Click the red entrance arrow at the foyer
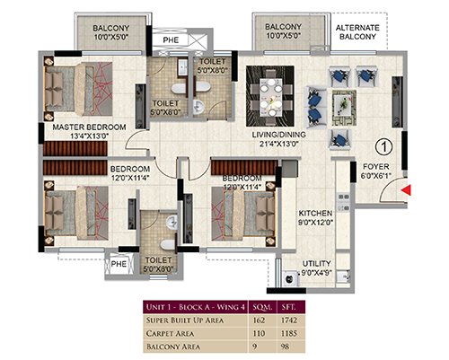pos(406,190)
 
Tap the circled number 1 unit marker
pos(383,147)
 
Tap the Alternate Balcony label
pos(357,32)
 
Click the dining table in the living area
pos(270,96)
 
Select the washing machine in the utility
pos(290,278)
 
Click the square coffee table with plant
pos(344,108)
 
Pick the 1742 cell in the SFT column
pos(289,320)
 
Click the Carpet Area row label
pos(170,333)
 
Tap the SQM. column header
pos(262,307)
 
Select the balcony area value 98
pos(286,347)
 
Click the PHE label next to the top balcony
pos(171,40)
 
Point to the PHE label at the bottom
pos(119,264)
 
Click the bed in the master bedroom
pos(78,89)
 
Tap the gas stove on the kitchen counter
pos(344,202)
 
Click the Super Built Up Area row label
pos(185,320)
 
